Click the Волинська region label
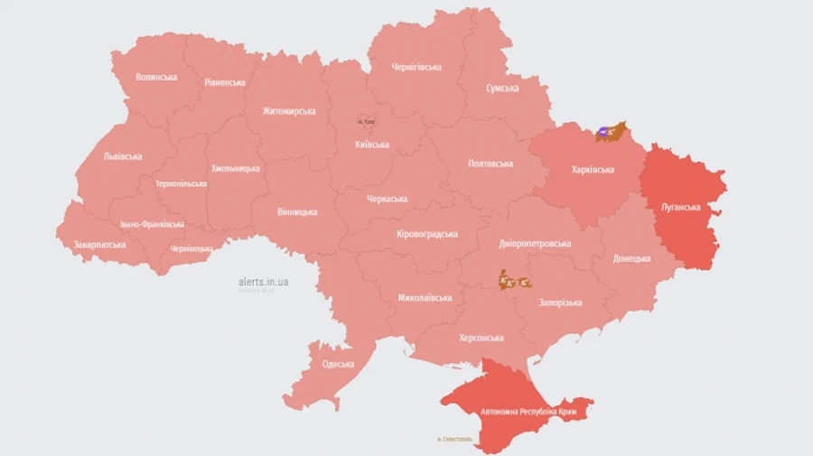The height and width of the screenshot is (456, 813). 156,78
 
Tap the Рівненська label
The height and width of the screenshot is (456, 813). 225,83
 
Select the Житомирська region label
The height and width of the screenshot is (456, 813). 289,111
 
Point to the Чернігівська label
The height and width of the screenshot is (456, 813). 416,68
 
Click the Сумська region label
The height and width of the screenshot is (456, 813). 502,88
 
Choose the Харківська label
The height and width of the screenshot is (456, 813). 593,170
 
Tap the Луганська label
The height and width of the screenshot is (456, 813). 681,207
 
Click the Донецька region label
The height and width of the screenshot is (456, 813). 631,258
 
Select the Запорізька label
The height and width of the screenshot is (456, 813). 560,303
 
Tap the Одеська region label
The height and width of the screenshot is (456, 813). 338,365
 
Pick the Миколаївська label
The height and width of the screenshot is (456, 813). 425,298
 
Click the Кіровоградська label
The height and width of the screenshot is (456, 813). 427,235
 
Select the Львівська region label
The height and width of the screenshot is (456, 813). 123,156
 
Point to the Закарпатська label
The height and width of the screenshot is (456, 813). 99,245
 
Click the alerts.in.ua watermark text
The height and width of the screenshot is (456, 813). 264,282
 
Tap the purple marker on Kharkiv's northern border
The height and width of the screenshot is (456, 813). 603,132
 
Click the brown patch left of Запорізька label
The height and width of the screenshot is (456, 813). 512,281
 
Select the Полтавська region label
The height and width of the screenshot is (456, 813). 491,163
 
